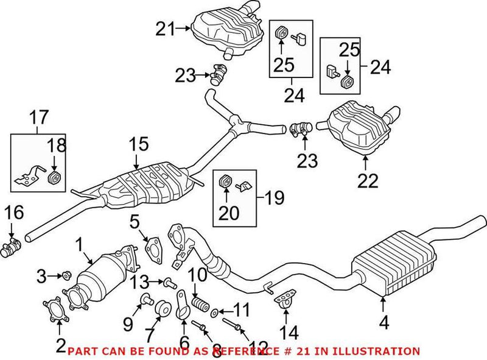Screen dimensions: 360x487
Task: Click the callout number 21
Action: coord(164,28)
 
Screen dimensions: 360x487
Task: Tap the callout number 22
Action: coord(368,180)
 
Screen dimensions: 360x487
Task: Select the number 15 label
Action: coord(138,144)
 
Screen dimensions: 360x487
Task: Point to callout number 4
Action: coord(384,322)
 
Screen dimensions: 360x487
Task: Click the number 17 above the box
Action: coord(38,117)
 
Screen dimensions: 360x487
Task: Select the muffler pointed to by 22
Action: coord(359,128)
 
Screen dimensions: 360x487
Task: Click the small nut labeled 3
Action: coord(67,275)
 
